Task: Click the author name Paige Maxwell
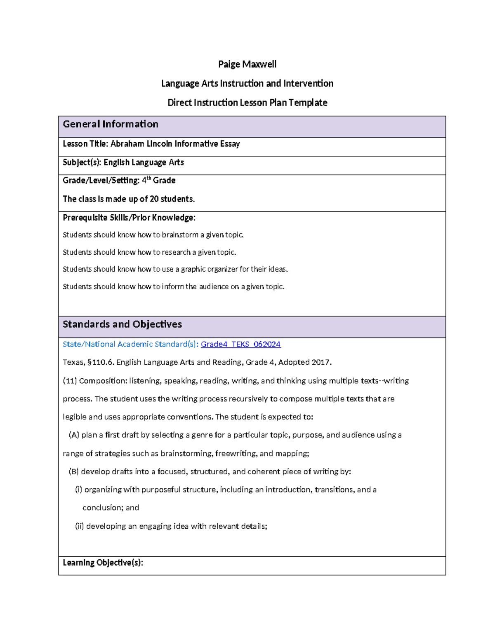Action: click(x=247, y=64)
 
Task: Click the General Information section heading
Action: click(x=111, y=124)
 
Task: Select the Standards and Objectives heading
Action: click(x=122, y=324)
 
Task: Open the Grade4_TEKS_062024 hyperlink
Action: click(x=240, y=344)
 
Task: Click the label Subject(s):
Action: click(x=82, y=162)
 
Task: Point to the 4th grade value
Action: click(x=159, y=181)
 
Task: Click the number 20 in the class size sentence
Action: click(x=154, y=199)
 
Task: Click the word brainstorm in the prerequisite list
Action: click(x=180, y=235)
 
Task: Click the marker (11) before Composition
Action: click(x=70, y=381)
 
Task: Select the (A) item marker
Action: click(x=74, y=435)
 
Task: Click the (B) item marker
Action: click(x=74, y=471)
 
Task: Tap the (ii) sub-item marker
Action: click(x=79, y=526)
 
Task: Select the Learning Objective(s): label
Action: click(x=103, y=563)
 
